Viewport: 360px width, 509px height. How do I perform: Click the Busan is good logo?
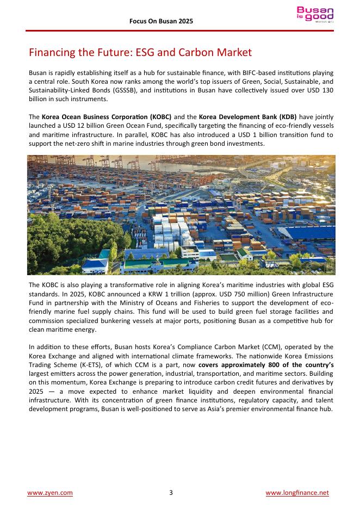click(x=315, y=15)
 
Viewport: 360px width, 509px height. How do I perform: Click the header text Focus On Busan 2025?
click(x=161, y=21)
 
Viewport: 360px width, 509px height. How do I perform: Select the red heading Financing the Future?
click(x=140, y=53)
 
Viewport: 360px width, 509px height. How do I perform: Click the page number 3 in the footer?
click(x=171, y=493)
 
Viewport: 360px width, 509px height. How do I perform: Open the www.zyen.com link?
click(x=50, y=493)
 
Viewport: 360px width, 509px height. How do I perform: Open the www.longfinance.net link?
click(x=297, y=493)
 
